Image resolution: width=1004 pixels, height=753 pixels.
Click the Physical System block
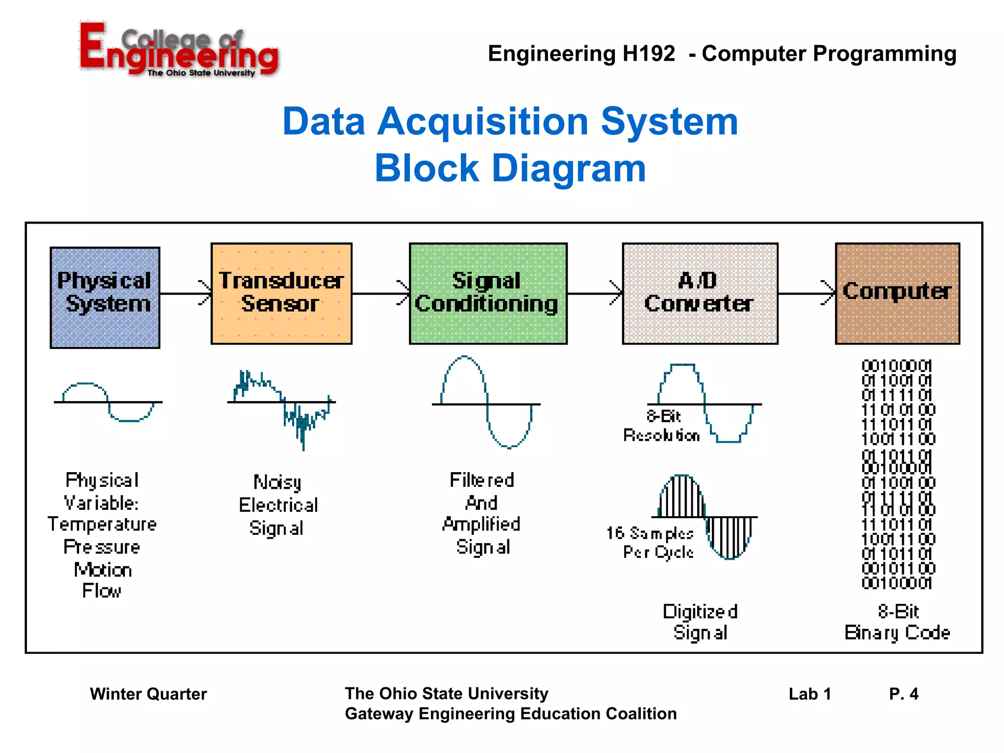coord(105,298)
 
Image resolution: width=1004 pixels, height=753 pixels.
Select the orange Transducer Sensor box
coord(281,293)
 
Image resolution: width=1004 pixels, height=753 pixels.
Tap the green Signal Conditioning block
coord(488,293)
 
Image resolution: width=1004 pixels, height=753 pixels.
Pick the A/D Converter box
coord(700,293)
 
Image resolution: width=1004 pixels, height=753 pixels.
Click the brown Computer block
coord(897,293)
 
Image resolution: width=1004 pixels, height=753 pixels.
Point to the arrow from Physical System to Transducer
coord(185,293)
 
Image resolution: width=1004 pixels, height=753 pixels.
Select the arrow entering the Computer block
coord(806,293)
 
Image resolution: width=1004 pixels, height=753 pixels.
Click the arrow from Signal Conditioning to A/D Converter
coord(595,293)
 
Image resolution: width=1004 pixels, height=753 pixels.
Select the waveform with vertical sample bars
coord(704,517)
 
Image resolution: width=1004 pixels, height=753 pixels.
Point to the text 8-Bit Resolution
coord(661,426)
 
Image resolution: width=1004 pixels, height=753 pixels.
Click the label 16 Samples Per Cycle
coord(651,543)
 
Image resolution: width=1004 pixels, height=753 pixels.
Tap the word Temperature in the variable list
coord(102,525)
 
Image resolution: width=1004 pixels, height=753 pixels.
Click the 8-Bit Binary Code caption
coord(897,622)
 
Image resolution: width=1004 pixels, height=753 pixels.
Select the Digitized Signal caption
coord(700,622)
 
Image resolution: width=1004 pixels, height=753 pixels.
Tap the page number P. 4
coord(903,694)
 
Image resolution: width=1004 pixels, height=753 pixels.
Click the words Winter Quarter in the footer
coord(148,694)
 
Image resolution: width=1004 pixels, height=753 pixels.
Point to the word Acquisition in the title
coord(483,122)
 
